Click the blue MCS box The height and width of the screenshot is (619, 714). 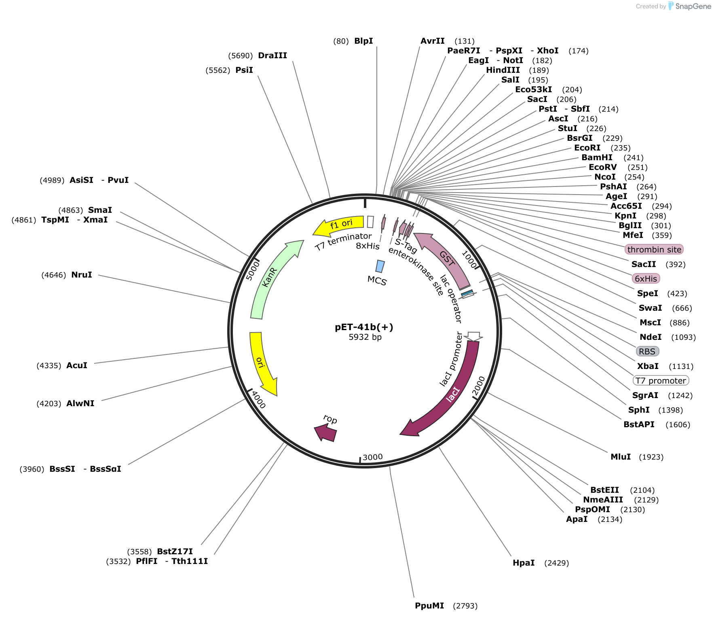coord(380,266)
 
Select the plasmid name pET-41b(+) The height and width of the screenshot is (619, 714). coord(364,327)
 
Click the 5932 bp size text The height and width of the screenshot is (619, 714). coord(365,337)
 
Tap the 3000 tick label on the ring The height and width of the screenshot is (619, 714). coord(372,457)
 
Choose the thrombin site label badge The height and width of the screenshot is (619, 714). coord(654,250)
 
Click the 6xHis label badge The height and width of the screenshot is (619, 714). coord(646,279)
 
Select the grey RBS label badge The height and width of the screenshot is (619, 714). coord(647,352)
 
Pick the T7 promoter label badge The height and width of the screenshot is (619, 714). coord(661,381)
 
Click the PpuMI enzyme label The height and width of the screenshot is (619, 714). coord(429,606)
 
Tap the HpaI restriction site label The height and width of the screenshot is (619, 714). coord(524,563)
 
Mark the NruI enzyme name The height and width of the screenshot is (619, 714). coord(82,275)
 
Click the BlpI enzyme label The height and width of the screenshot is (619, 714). coord(363,41)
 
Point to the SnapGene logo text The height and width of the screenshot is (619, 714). coord(693,6)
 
